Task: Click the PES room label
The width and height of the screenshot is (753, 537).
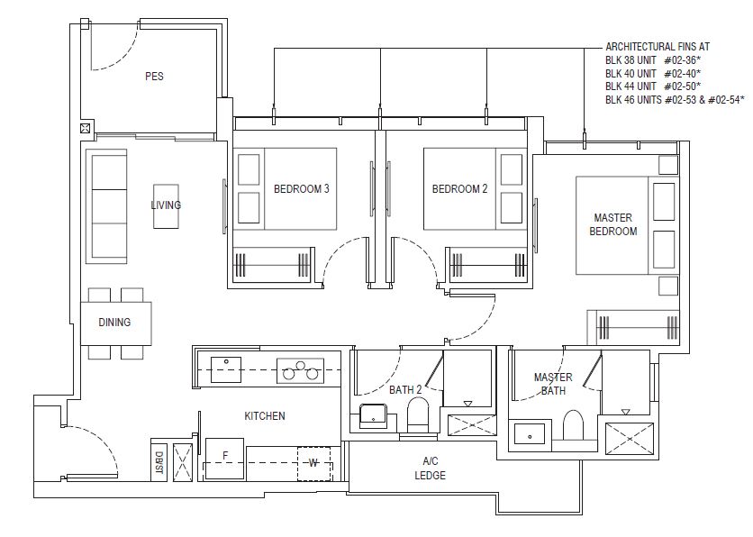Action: click(x=154, y=77)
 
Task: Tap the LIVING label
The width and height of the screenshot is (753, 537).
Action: click(x=166, y=205)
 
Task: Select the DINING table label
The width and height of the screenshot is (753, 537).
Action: click(x=114, y=323)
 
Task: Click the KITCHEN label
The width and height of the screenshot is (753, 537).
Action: click(x=265, y=416)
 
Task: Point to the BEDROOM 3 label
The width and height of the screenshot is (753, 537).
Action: click(x=302, y=189)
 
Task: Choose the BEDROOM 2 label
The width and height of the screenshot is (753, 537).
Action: click(x=459, y=189)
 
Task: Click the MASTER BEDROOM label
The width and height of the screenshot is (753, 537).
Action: click(x=613, y=224)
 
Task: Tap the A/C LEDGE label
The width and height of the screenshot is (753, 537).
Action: click(x=431, y=469)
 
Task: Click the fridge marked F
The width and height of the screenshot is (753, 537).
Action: click(x=225, y=459)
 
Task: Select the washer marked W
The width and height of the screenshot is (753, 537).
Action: click(x=313, y=463)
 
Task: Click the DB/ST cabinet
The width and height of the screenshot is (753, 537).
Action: click(x=159, y=460)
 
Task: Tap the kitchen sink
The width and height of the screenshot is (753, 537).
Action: click(x=226, y=369)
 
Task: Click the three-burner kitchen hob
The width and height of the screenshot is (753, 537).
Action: click(x=300, y=370)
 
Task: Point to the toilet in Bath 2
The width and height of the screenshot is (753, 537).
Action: click(x=418, y=415)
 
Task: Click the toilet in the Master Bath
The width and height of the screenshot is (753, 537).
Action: click(x=573, y=425)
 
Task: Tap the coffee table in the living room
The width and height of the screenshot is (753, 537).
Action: click(x=166, y=206)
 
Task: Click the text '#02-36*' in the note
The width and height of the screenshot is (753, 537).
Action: click(x=683, y=60)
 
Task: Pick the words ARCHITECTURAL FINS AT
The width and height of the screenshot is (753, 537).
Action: click(x=658, y=47)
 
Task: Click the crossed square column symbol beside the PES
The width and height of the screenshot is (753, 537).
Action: click(x=86, y=128)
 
